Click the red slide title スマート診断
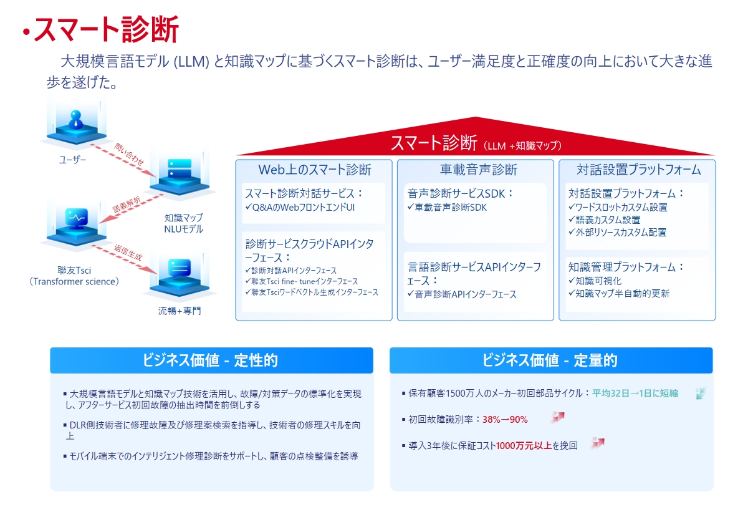[106, 29]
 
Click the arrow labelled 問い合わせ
[123, 160]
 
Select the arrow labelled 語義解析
[132, 209]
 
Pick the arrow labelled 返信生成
[124, 260]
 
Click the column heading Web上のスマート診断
[315, 170]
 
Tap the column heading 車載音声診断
[478, 170]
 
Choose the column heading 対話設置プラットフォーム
[638, 170]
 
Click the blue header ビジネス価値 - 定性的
[211, 360]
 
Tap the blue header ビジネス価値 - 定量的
[551, 360]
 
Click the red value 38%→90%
[505, 420]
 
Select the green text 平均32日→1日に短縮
[635, 394]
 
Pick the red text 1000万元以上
[524, 445]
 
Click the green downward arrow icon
[701, 394]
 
